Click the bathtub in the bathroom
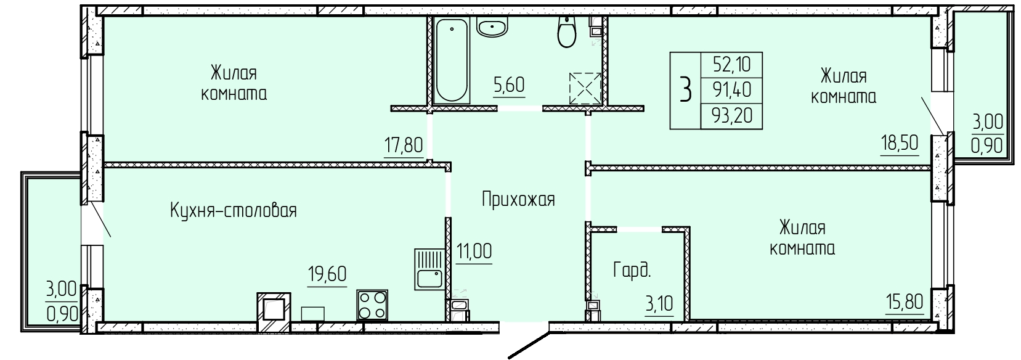point(452,60)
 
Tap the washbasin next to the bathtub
point(492,27)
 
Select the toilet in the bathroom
point(567,32)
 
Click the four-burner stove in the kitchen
point(372,305)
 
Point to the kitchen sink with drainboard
point(429,269)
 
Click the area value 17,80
point(404,146)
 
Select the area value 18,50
point(899,143)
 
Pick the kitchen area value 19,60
point(327,275)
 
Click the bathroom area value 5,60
point(509,85)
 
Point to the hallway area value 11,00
point(474,252)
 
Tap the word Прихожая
point(519,199)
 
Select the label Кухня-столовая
point(234,211)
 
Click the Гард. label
point(632,271)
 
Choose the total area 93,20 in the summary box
point(732,116)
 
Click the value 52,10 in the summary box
point(732,65)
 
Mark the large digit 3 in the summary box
point(686,90)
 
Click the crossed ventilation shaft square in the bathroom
point(585,88)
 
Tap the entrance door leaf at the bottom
point(529,346)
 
